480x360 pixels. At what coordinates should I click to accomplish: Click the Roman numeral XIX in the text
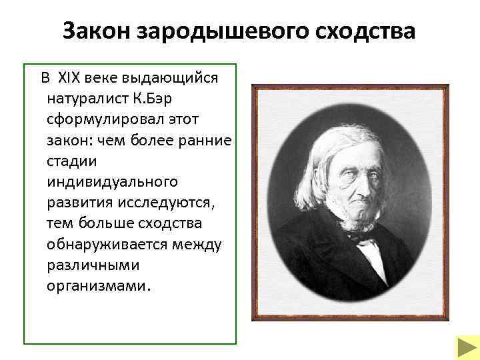click(x=69, y=77)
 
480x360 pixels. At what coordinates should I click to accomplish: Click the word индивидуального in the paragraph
click(x=112, y=181)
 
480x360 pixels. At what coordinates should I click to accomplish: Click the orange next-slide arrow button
click(x=464, y=348)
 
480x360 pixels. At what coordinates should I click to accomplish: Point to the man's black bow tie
click(x=361, y=237)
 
